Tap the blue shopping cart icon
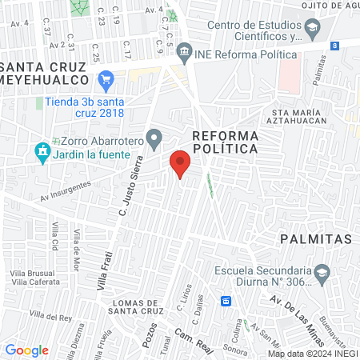[x=106, y=79]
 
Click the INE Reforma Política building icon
[x=185, y=53]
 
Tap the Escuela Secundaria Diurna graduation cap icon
[x=321, y=273]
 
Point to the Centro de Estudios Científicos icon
[x=313, y=30]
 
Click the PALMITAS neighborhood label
[x=316, y=239]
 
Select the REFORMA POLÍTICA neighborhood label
[x=225, y=142]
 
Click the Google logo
[x=26, y=350]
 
